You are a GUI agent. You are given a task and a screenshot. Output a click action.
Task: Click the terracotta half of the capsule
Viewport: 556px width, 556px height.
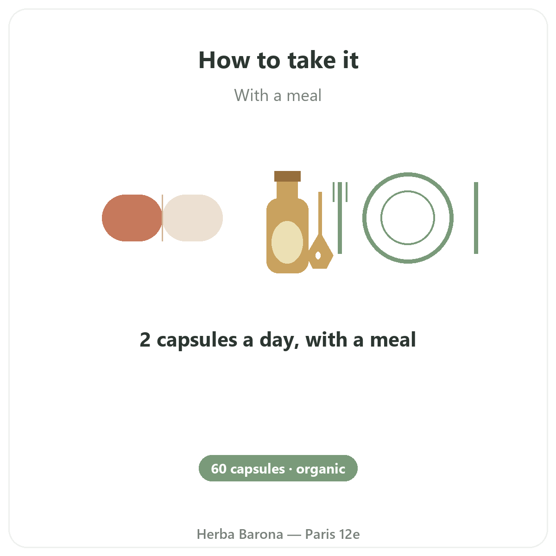pyautogui.click(x=132, y=218)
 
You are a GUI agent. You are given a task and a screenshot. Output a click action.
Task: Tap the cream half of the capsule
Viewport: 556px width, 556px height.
pyautogui.click(x=193, y=218)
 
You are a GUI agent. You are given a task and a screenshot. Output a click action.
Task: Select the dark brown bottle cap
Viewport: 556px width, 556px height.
pyautogui.click(x=287, y=176)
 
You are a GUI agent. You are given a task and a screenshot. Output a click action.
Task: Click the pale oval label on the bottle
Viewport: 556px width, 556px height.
pyautogui.click(x=287, y=242)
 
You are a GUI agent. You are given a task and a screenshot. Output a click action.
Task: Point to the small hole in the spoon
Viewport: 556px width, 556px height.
pyautogui.click(x=318, y=255)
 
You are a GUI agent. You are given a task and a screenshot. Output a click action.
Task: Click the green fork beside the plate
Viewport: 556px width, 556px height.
pyautogui.click(x=340, y=218)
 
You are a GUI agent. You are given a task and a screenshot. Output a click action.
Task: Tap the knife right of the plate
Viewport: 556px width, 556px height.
pyautogui.click(x=476, y=218)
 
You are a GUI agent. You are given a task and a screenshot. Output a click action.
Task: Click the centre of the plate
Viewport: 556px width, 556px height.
pyautogui.click(x=408, y=218)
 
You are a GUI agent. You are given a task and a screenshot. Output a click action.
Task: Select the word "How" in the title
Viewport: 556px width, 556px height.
pyautogui.click(x=224, y=60)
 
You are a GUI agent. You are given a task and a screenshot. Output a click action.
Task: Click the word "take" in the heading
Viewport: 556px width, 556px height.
pyautogui.click(x=312, y=60)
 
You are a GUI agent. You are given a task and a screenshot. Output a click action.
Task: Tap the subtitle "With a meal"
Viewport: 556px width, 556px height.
pyautogui.click(x=278, y=95)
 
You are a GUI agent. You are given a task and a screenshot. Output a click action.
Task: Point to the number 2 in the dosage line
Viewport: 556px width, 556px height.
pyautogui.click(x=145, y=340)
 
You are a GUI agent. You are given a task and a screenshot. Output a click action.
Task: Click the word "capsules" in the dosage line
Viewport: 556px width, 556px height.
pyautogui.click(x=197, y=341)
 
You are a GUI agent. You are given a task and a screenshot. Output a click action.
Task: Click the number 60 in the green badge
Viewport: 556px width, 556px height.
pyautogui.click(x=219, y=469)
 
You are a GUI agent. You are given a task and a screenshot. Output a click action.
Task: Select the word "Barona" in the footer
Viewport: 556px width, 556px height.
pyautogui.click(x=261, y=534)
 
